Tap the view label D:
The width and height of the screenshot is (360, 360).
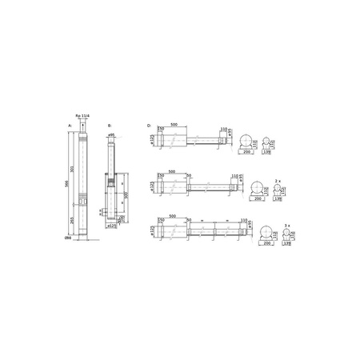tap(150, 125)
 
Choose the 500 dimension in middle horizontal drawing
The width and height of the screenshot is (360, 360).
tap(174, 170)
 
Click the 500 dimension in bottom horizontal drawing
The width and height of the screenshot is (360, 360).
tap(174, 216)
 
